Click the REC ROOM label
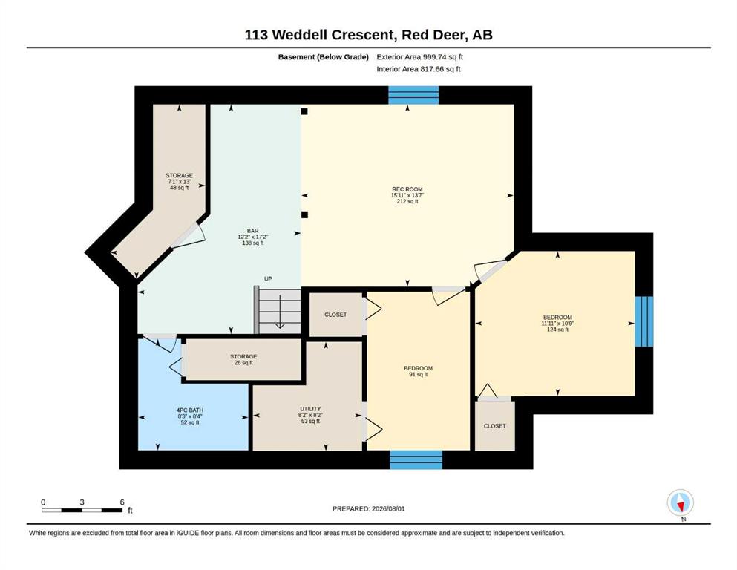[x=407, y=195]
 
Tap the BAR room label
[x=252, y=237]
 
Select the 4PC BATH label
[x=190, y=416]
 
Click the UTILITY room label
[x=310, y=415]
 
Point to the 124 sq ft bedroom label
[x=557, y=324]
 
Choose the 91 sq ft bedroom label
[x=418, y=371]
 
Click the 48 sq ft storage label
[x=179, y=181]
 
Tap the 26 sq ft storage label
[x=243, y=359]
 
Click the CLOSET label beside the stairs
[x=335, y=315]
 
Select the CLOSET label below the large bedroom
[x=494, y=426]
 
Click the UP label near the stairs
[x=268, y=278]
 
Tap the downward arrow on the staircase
[x=280, y=311]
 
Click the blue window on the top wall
[x=413, y=95]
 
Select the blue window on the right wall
[x=644, y=321]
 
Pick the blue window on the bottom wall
[x=416, y=459]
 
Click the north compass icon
[x=680, y=502]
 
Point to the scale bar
[x=82, y=510]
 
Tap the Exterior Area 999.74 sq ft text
[x=420, y=57]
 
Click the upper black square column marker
[x=304, y=111]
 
